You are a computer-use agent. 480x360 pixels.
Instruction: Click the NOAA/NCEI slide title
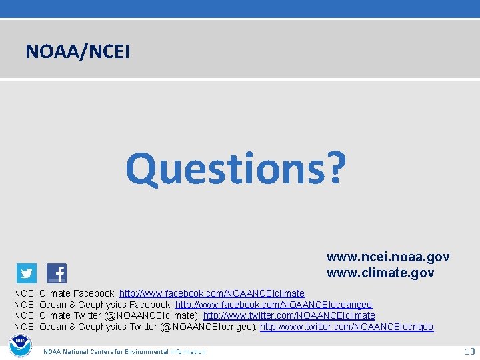click(77, 50)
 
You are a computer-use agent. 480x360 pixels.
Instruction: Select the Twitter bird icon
click(27, 273)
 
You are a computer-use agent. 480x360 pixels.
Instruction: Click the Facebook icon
click(57, 273)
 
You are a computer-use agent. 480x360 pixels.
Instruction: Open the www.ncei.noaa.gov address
click(387, 257)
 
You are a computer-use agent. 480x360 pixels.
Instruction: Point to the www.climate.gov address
click(380, 273)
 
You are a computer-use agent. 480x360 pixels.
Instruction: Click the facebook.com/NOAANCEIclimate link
click(212, 293)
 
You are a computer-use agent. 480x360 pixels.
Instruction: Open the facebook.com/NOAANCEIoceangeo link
click(273, 305)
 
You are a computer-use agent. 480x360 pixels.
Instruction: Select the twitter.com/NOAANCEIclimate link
click(289, 315)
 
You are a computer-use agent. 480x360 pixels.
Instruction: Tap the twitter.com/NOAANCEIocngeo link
click(346, 327)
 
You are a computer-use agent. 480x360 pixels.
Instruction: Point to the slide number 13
click(469, 351)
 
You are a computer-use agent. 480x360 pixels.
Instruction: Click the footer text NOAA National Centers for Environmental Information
click(125, 351)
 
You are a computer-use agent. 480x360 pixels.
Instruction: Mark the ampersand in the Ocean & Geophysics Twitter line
click(73, 327)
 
